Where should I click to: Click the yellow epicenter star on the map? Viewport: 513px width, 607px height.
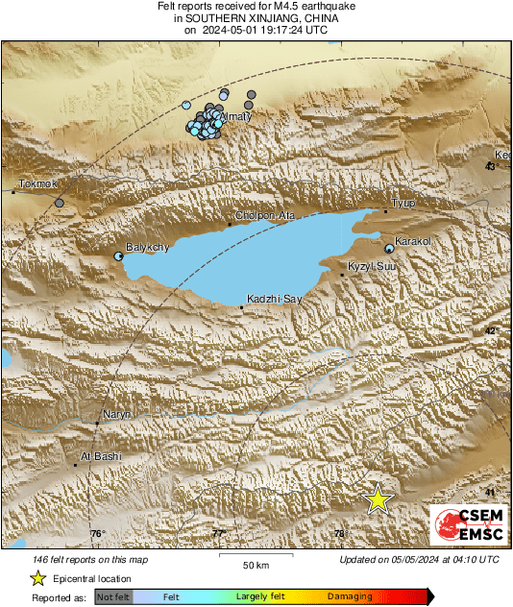coord(379,499)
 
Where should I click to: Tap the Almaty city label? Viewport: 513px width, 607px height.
coord(235,117)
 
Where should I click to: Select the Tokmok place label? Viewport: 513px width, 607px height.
coord(38,183)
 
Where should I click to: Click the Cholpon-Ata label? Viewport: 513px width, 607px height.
coord(265,216)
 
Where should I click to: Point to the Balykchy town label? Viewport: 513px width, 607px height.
coord(148,247)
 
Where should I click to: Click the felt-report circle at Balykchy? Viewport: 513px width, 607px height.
coord(118,256)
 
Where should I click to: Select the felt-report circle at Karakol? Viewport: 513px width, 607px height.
coord(389,249)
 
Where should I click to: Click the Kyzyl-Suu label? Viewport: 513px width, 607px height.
coord(372,265)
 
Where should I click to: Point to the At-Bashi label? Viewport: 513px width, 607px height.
coord(101,456)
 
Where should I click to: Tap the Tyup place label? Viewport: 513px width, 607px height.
coord(403,203)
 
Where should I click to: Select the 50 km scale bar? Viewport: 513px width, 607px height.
coord(254,555)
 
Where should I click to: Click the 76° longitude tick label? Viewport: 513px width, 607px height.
coord(97,534)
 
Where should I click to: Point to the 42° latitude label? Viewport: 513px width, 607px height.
coord(491,330)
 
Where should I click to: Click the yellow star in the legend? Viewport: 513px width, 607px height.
coord(37,578)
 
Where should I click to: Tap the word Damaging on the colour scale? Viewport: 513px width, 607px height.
coord(350,596)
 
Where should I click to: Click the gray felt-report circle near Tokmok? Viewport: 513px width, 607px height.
coord(60,203)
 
